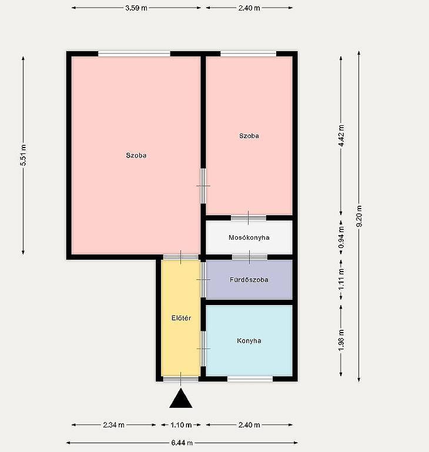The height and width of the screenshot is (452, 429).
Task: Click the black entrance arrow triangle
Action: pos(181,399)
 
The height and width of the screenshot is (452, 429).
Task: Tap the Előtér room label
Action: pos(182,318)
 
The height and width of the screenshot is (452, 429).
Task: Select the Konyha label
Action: pos(249,341)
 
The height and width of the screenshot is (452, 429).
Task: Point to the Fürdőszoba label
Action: pos(249,280)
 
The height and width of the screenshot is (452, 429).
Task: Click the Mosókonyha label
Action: pos(249,237)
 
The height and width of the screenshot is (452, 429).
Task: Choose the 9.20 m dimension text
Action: pos(359,216)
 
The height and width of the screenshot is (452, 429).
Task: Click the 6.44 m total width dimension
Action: pos(182,443)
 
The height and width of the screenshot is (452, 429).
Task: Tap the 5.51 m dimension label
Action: pos(24,155)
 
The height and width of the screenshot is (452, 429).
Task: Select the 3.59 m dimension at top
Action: pos(136,8)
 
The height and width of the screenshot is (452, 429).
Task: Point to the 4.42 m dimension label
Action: pos(341,136)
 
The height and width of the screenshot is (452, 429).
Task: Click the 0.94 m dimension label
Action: pos(341,237)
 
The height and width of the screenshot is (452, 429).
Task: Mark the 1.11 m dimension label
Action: pos(341,280)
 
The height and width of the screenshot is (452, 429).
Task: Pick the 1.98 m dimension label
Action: pos(341,340)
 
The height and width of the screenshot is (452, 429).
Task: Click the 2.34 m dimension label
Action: pos(113,424)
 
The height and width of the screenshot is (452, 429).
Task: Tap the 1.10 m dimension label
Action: pos(181,424)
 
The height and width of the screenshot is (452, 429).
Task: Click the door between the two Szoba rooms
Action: pos(203,186)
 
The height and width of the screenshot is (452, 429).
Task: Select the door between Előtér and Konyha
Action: pos(203,349)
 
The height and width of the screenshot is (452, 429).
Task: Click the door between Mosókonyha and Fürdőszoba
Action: pos(250,257)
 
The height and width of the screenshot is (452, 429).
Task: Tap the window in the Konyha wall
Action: pos(250,379)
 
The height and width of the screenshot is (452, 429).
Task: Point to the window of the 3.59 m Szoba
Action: pos(134,54)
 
